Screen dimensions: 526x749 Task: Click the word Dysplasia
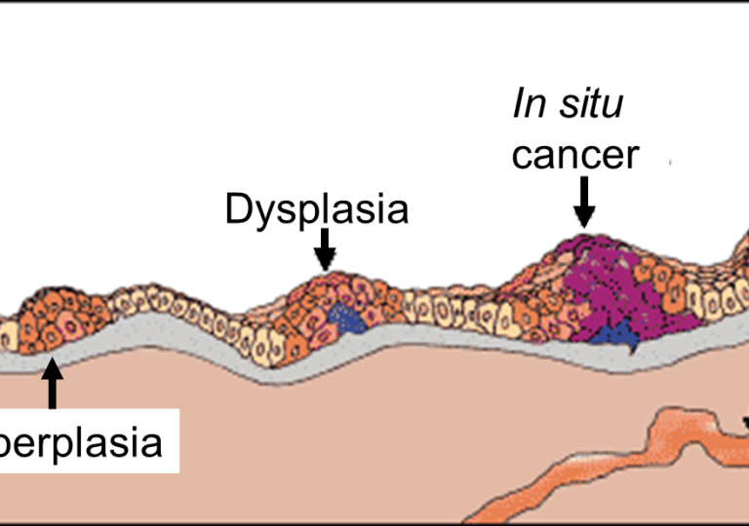(316, 209)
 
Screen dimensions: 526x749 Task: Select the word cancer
(575, 155)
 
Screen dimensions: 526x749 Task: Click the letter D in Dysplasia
(237, 208)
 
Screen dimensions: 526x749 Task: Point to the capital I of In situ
(519, 104)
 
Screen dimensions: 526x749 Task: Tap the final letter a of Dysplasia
(397, 211)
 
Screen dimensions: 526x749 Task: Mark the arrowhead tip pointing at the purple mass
(583, 226)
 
